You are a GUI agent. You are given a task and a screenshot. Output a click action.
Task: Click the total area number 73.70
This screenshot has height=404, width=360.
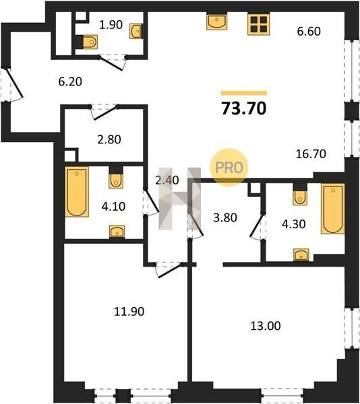pos(243,108)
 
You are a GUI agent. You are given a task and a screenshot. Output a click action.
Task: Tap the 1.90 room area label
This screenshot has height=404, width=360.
pos(111,25)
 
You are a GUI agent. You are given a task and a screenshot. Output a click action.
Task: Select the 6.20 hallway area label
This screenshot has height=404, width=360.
pos(70,81)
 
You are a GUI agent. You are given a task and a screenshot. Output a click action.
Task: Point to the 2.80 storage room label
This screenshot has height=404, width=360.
pos(109,139)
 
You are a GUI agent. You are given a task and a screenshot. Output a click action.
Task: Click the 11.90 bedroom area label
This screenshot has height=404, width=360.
pos(129,312)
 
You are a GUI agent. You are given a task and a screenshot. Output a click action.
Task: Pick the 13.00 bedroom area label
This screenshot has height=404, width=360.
pos(266,326)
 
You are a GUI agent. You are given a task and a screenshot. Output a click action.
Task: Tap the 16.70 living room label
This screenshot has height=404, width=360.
pos(311,154)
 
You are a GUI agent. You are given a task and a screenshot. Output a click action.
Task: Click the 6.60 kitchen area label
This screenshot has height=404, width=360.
pos(309,31)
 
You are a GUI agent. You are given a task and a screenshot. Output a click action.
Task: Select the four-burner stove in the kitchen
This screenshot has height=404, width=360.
pos(259,24)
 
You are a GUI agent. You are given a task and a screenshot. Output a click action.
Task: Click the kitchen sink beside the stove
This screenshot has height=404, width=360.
pos(216,22)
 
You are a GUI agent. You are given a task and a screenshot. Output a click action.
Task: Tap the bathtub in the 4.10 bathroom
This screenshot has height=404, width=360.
pos(77,192)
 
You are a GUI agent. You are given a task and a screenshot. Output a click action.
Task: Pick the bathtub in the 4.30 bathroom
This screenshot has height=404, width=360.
pos(332,209)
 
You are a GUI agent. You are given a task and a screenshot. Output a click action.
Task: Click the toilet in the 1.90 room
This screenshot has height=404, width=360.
pos(88,42)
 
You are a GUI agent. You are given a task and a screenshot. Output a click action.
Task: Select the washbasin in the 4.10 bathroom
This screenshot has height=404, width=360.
pos(117,232)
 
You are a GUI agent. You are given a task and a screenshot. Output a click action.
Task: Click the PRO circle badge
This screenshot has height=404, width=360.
pos(229,168)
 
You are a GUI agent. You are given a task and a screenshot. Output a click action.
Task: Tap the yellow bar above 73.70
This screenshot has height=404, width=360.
pos(244,93)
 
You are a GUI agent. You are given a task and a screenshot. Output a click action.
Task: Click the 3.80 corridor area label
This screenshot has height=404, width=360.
pos(225,217)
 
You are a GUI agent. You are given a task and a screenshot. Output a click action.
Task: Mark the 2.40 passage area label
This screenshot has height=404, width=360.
pos(167,180)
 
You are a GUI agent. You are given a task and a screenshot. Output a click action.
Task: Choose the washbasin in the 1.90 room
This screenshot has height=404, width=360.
pos(136,32)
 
